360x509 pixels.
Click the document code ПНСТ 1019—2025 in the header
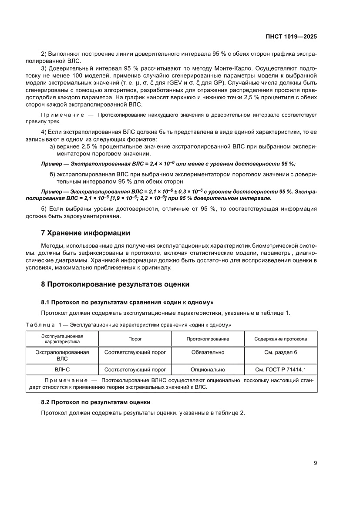(x=292, y=37)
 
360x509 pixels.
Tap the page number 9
(x=315, y=463)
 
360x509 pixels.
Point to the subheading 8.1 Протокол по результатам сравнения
(x=127, y=302)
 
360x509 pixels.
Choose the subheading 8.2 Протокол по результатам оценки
(x=96, y=402)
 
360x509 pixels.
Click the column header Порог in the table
(x=135, y=339)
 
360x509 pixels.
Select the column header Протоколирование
(x=208, y=339)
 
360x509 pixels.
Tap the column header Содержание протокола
(x=280, y=339)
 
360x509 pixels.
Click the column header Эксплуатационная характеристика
(x=62, y=339)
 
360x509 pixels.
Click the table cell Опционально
(x=208, y=370)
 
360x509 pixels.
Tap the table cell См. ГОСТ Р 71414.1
(x=280, y=370)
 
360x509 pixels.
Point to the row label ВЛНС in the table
(x=62, y=370)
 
